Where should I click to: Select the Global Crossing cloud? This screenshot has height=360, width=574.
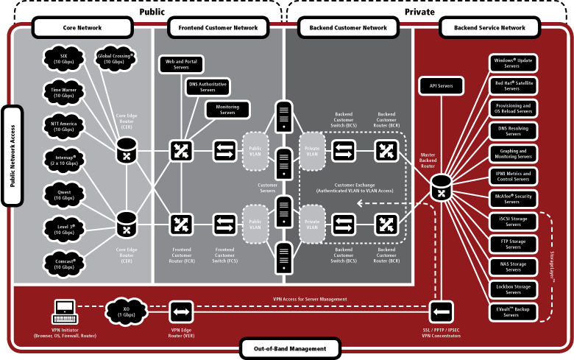click(x=114, y=58)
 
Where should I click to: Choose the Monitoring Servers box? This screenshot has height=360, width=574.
click(x=227, y=110)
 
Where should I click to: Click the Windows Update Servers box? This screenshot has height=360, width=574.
click(x=512, y=63)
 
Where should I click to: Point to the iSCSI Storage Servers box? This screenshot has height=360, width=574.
click(x=512, y=222)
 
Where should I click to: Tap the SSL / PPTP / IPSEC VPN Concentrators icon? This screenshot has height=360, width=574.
click(x=441, y=310)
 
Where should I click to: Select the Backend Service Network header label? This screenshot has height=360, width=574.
click(x=489, y=29)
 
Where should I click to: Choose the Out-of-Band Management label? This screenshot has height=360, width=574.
click(x=291, y=348)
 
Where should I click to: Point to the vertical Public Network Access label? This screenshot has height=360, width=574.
click(x=12, y=155)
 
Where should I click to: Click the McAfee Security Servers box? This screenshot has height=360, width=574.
click(x=512, y=200)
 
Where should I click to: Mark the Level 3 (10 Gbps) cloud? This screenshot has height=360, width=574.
click(x=64, y=228)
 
